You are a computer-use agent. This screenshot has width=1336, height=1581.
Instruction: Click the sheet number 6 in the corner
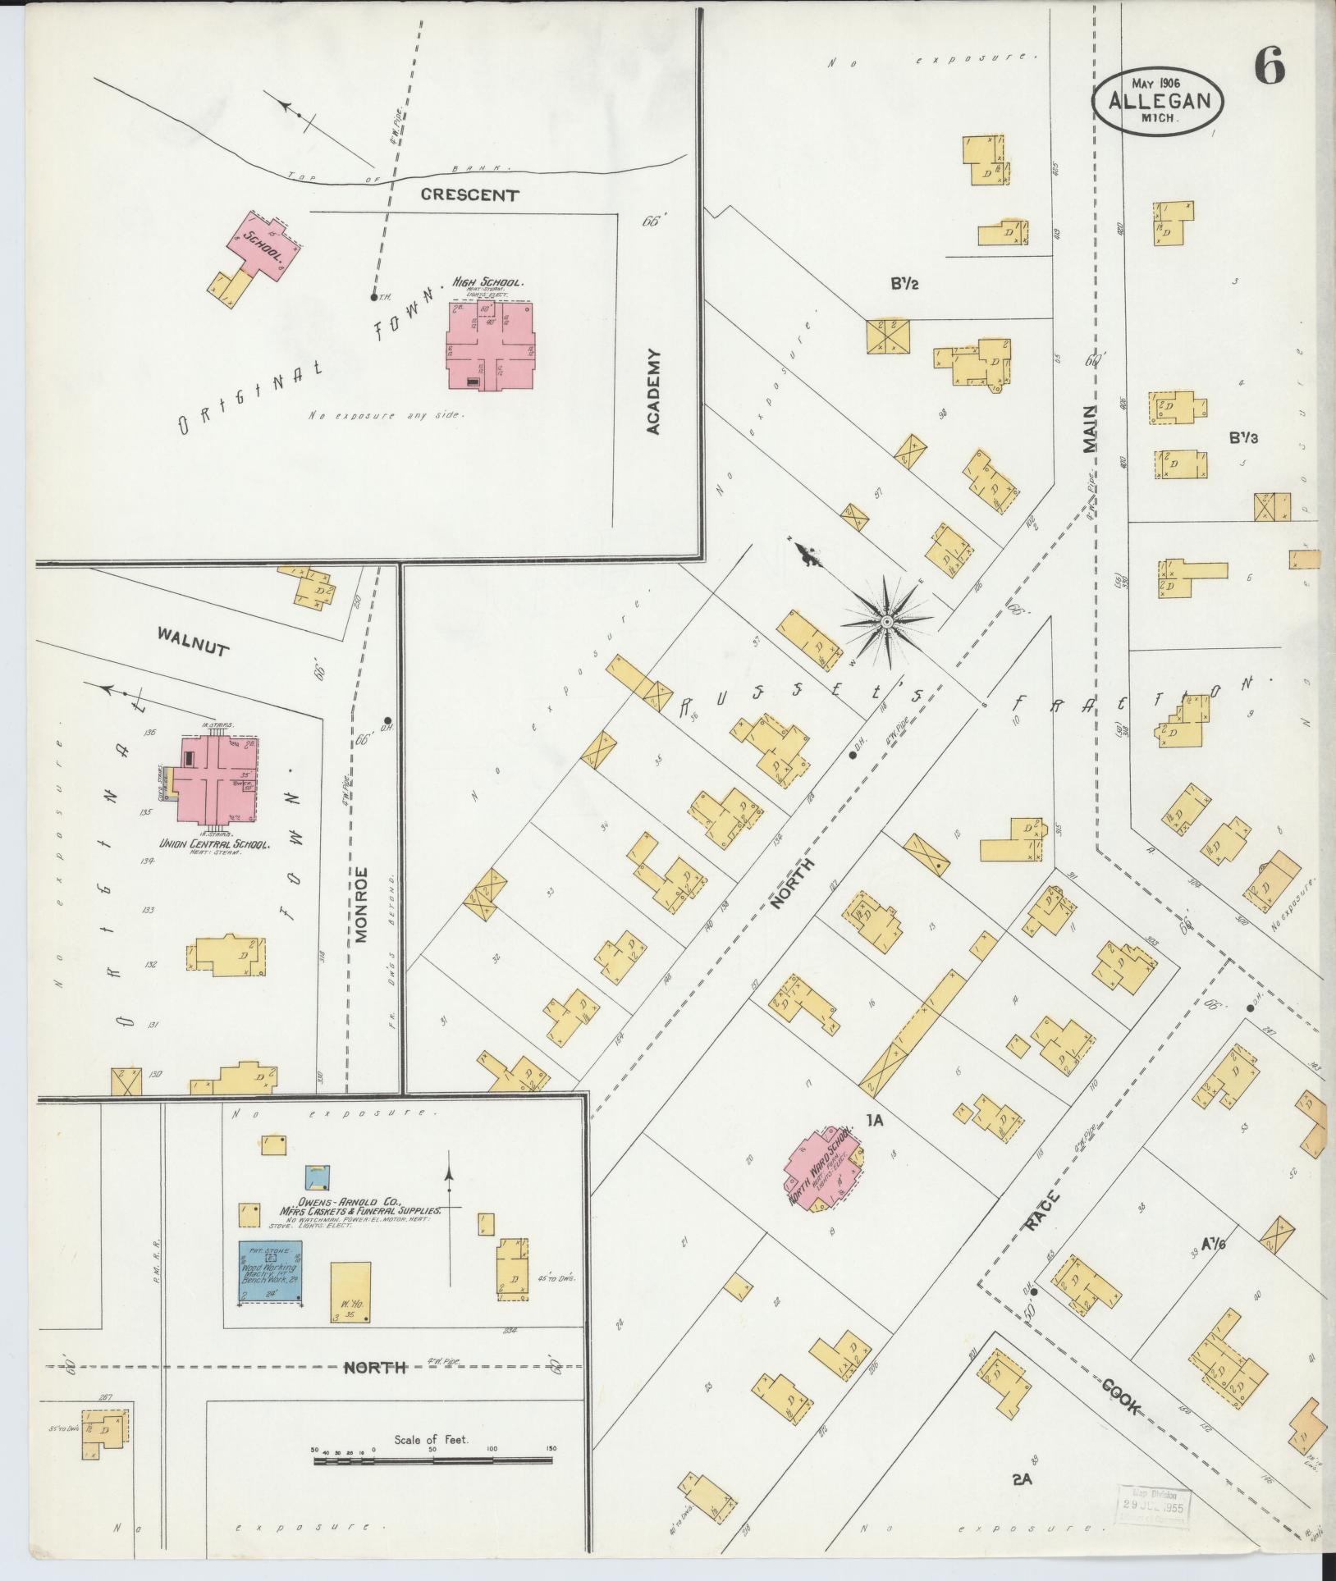point(1269,67)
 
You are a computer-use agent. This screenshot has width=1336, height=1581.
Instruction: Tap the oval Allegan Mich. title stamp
point(1158,99)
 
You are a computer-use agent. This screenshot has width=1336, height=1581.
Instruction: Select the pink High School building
point(491,345)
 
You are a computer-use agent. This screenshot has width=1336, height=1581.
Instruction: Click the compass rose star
point(887,623)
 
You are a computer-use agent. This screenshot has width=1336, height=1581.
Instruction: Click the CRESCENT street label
point(469,195)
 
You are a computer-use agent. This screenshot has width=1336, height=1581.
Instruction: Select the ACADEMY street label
point(653,391)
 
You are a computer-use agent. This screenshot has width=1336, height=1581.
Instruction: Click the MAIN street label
point(1089,429)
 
